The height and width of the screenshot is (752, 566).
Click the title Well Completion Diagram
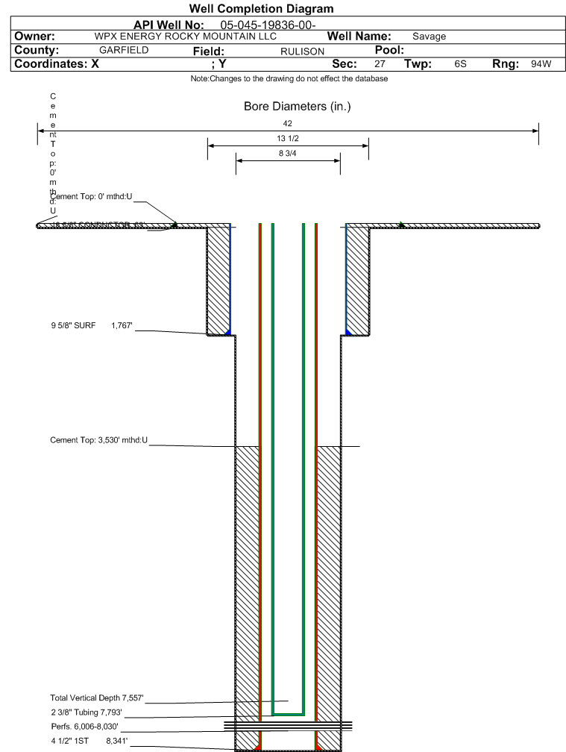tap(261, 9)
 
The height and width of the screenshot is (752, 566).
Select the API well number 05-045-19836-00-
tap(268, 25)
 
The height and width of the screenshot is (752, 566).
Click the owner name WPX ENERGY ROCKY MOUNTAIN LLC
tap(186, 37)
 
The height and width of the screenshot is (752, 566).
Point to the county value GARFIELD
tap(124, 50)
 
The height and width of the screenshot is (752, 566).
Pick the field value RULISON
tap(302, 51)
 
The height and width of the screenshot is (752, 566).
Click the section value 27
tap(380, 64)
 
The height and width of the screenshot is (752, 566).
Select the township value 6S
tap(460, 64)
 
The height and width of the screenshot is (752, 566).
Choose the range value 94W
tap(541, 64)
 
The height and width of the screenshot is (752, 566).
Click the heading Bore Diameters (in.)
tap(297, 107)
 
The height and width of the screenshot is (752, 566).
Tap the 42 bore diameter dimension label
tap(288, 123)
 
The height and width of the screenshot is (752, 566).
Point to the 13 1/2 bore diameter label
tap(288, 139)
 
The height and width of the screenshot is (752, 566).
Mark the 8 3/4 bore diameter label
tap(288, 154)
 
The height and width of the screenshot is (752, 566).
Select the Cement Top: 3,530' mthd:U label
tap(99, 440)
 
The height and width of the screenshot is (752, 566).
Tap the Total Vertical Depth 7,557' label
tap(96, 698)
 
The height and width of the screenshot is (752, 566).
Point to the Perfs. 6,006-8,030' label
tap(84, 727)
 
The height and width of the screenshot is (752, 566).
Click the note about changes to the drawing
tap(289, 78)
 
